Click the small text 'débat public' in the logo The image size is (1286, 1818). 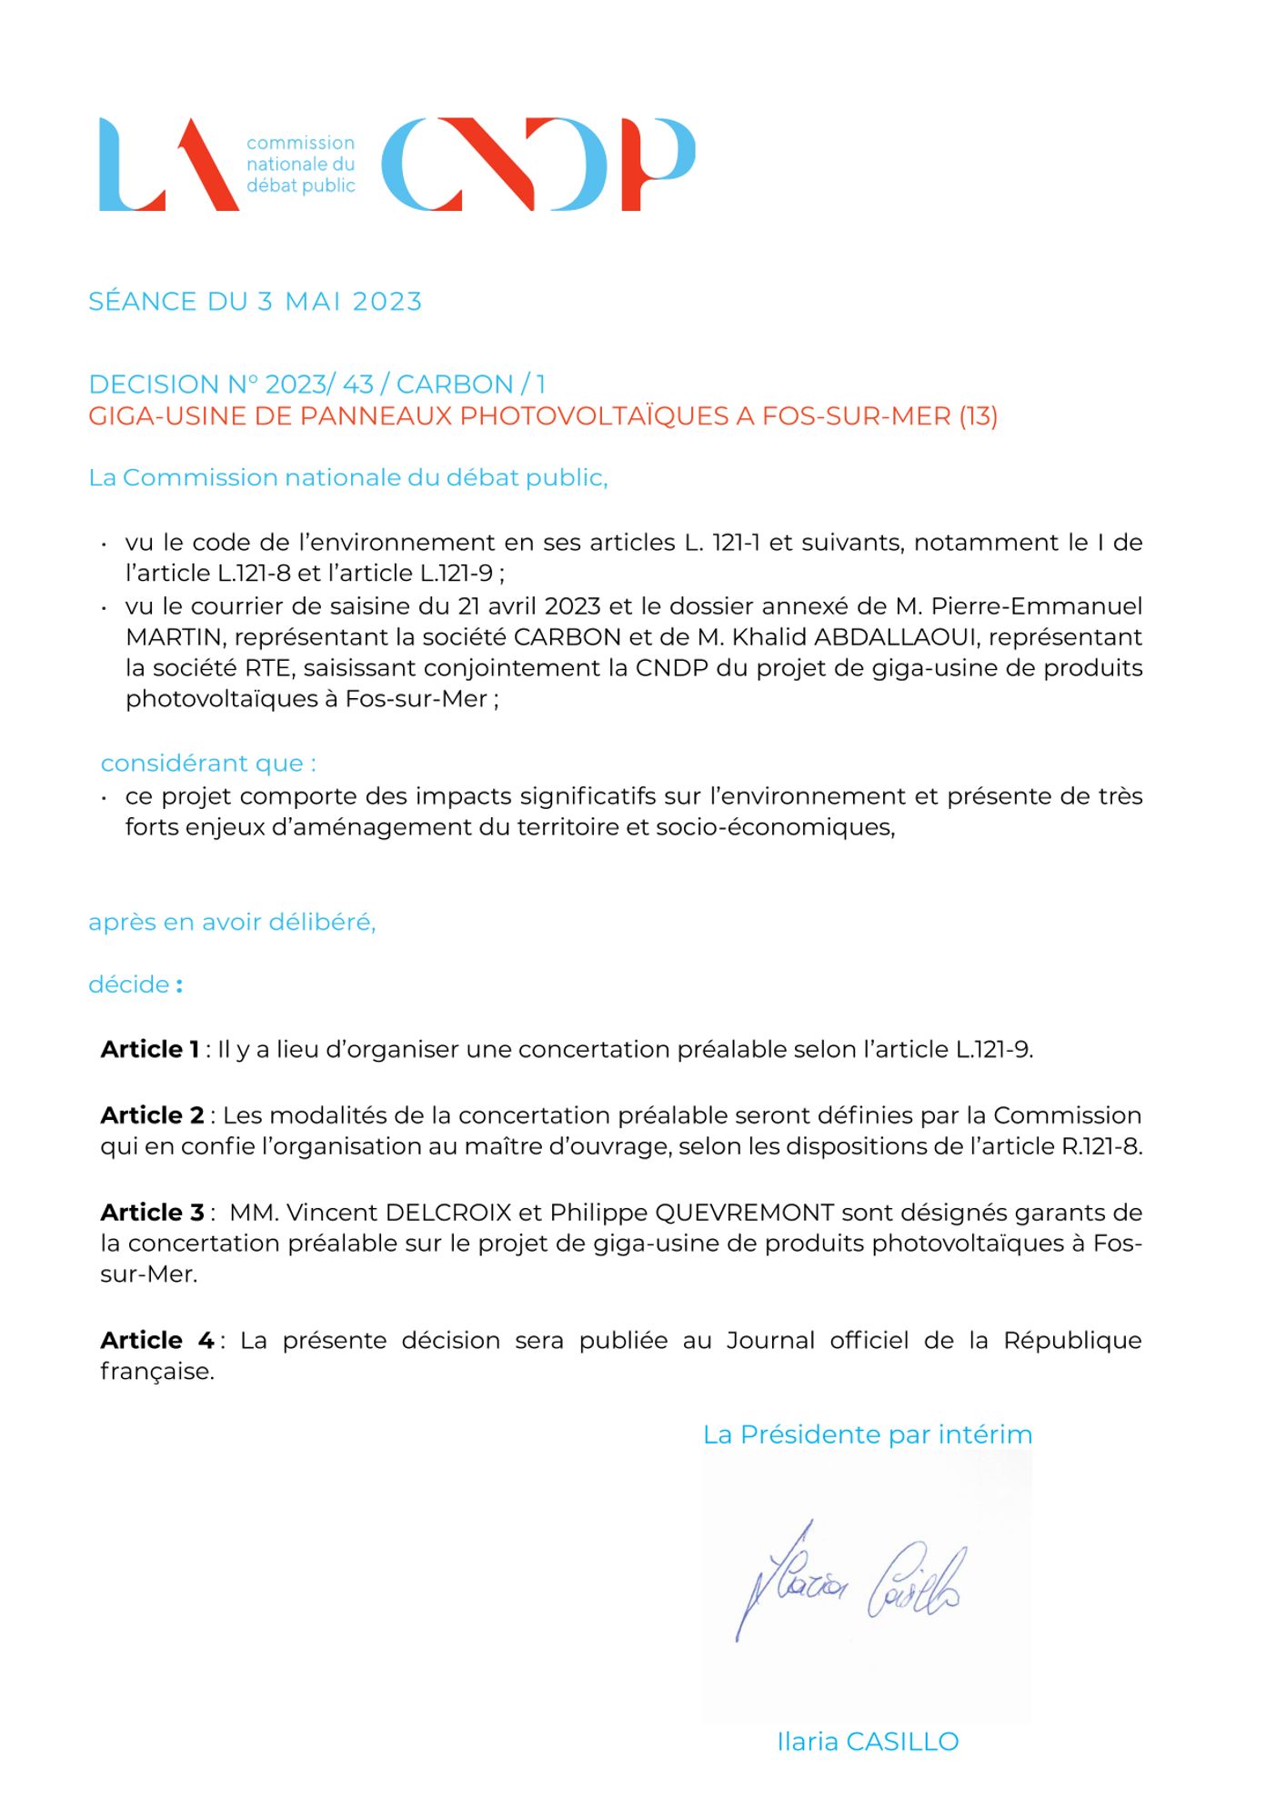click(300, 185)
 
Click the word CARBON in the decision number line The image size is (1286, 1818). click(455, 385)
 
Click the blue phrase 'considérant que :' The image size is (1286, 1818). click(208, 764)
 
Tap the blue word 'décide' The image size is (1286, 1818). click(129, 984)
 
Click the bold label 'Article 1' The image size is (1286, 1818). click(150, 1050)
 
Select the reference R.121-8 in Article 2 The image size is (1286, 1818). click(1100, 1146)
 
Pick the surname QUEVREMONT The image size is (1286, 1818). click(744, 1213)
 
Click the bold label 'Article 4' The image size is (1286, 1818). click(156, 1341)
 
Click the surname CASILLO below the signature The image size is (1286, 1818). click(901, 1742)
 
